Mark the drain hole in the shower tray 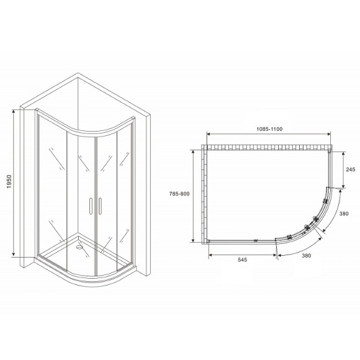tap(79, 245)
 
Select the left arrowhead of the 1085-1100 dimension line tap(209, 135)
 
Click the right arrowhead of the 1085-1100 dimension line tap(330, 135)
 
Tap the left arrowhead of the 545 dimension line tap(209, 255)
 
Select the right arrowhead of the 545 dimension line tap(274, 255)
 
